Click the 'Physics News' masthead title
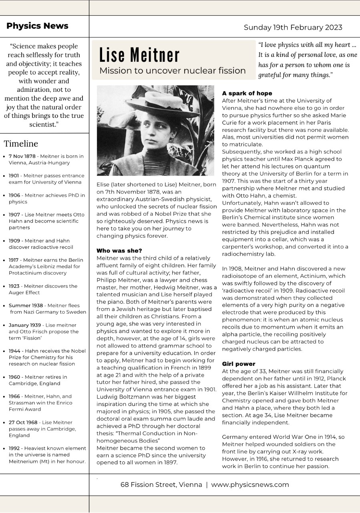(37, 26)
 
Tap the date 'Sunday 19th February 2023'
(293, 27)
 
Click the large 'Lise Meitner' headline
(139, 55)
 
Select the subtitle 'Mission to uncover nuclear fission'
(172, 71)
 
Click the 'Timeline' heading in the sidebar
(21, 143)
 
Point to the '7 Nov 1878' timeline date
(22, 156)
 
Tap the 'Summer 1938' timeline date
(26, 305)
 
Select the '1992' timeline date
(15, 448)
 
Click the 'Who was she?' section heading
(119, 250)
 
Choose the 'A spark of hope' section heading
(247, 93)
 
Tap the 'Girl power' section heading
(239, 364)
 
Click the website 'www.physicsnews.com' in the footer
(250, 485)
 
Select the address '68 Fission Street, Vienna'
(161, 485)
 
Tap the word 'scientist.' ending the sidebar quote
(44, 125)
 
